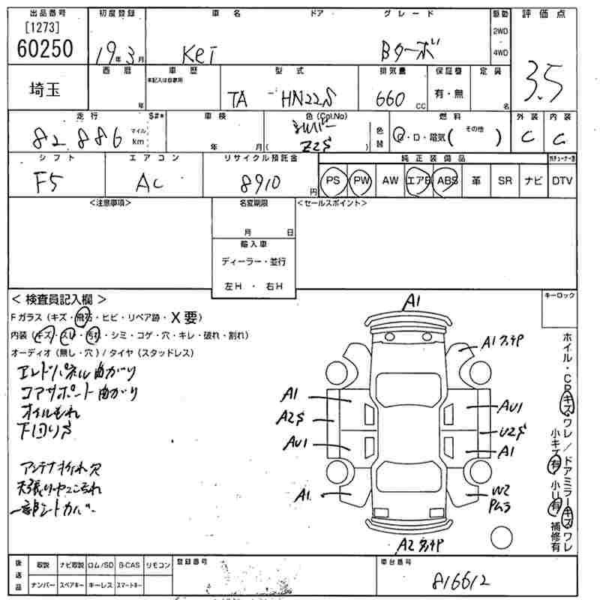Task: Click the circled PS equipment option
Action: coord(333,181)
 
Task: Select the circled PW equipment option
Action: coord(362,181)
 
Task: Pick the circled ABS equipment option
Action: coord(448,181)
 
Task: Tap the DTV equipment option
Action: coord(562,181)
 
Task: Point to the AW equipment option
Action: coord(390,181)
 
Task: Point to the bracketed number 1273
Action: coord(42,28)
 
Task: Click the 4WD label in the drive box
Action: coord(499,52)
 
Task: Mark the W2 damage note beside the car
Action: coord(501,491)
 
